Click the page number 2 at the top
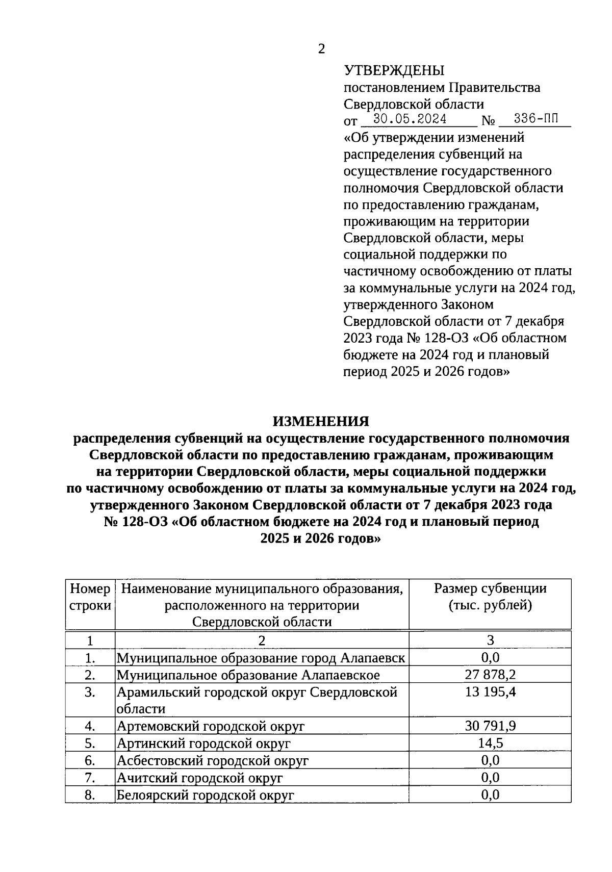click(x=321, y=49)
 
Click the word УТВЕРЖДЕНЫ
click(x=394, y=70)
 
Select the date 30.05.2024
click(x=410, y=119)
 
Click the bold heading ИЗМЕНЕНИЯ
click(x=321, y=421)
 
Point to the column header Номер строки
click(x=90, y=597)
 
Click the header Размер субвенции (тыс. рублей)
click(x=490, y=597)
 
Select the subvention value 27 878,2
click(x=490, y=675)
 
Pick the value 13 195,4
click(x=490, y=693)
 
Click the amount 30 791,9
click(x=490, y=726)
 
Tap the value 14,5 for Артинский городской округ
click(x=490, y=743)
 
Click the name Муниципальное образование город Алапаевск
click(x=261, y=658)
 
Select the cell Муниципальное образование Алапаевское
click(x=248, y=675)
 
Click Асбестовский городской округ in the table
click(x=213, y=761)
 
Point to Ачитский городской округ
click(x=199, y=778)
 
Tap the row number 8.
click(x=90, y=795)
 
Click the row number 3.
click(x=90, y=693)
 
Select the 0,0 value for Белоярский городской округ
click(x=490, y=795)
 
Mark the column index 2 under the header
click(x=262, y=640)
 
